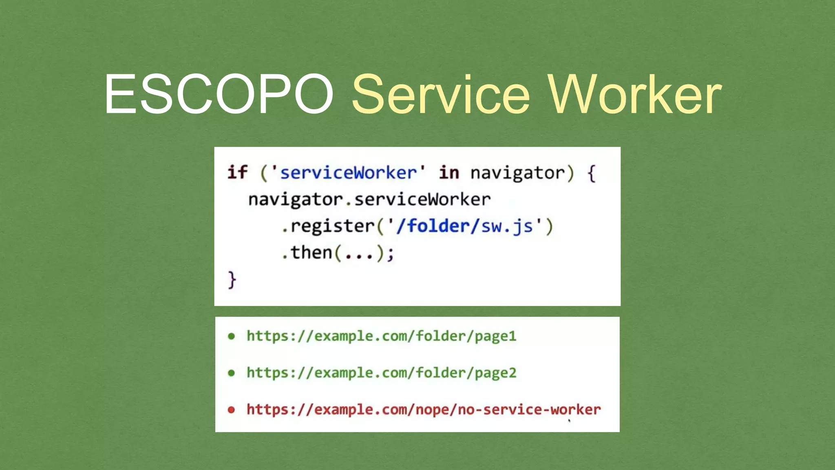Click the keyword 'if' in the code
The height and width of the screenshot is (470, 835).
coord(237,172)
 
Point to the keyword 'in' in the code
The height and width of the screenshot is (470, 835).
coord(449,172)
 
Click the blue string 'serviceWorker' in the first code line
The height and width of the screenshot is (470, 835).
coord(348,173)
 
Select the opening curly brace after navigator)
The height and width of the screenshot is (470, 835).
coord(591,173)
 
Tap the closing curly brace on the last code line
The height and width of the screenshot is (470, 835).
coord(232,280)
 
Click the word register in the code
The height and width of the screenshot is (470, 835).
coord(332,226)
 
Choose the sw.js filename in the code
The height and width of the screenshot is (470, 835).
coord(507,226)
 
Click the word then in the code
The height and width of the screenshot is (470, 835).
coord(311,253)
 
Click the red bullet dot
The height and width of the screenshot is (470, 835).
coord(231,410)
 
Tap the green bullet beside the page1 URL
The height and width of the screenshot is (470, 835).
coord(231,336)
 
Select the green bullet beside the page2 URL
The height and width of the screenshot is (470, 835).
coord(231,373)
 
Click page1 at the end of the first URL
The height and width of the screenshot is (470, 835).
coord(495,337)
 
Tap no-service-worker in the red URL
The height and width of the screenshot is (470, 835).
coord(529,410)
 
